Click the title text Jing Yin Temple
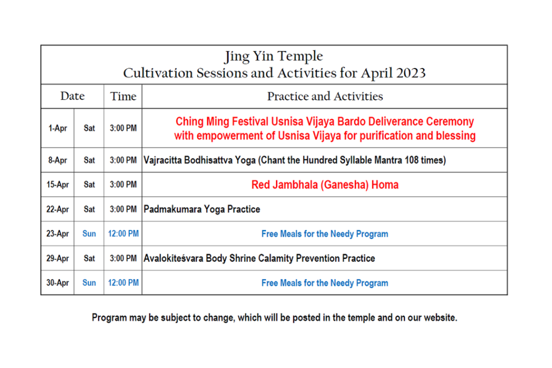tap(274, 56)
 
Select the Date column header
tap(73, 96)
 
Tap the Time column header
tap(123, 96)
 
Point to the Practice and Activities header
tap(325, 96)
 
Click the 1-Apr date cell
tap(58, 128)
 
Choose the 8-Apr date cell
tap(58, 160)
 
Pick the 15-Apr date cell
tap(58, 184)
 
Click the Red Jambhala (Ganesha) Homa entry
tap(325, 185)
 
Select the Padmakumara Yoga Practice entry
tap(202, 210)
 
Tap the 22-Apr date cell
tap(58, 209)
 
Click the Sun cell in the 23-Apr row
tap(89, 234)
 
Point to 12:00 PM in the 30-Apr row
tap(123, 282)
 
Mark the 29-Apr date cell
tap(58, 258)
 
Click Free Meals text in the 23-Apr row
tap(325, 234)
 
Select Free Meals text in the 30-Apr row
tap(325, 283)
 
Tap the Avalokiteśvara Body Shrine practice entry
tap(259, 258)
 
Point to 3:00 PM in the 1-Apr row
tap(123, 128)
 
